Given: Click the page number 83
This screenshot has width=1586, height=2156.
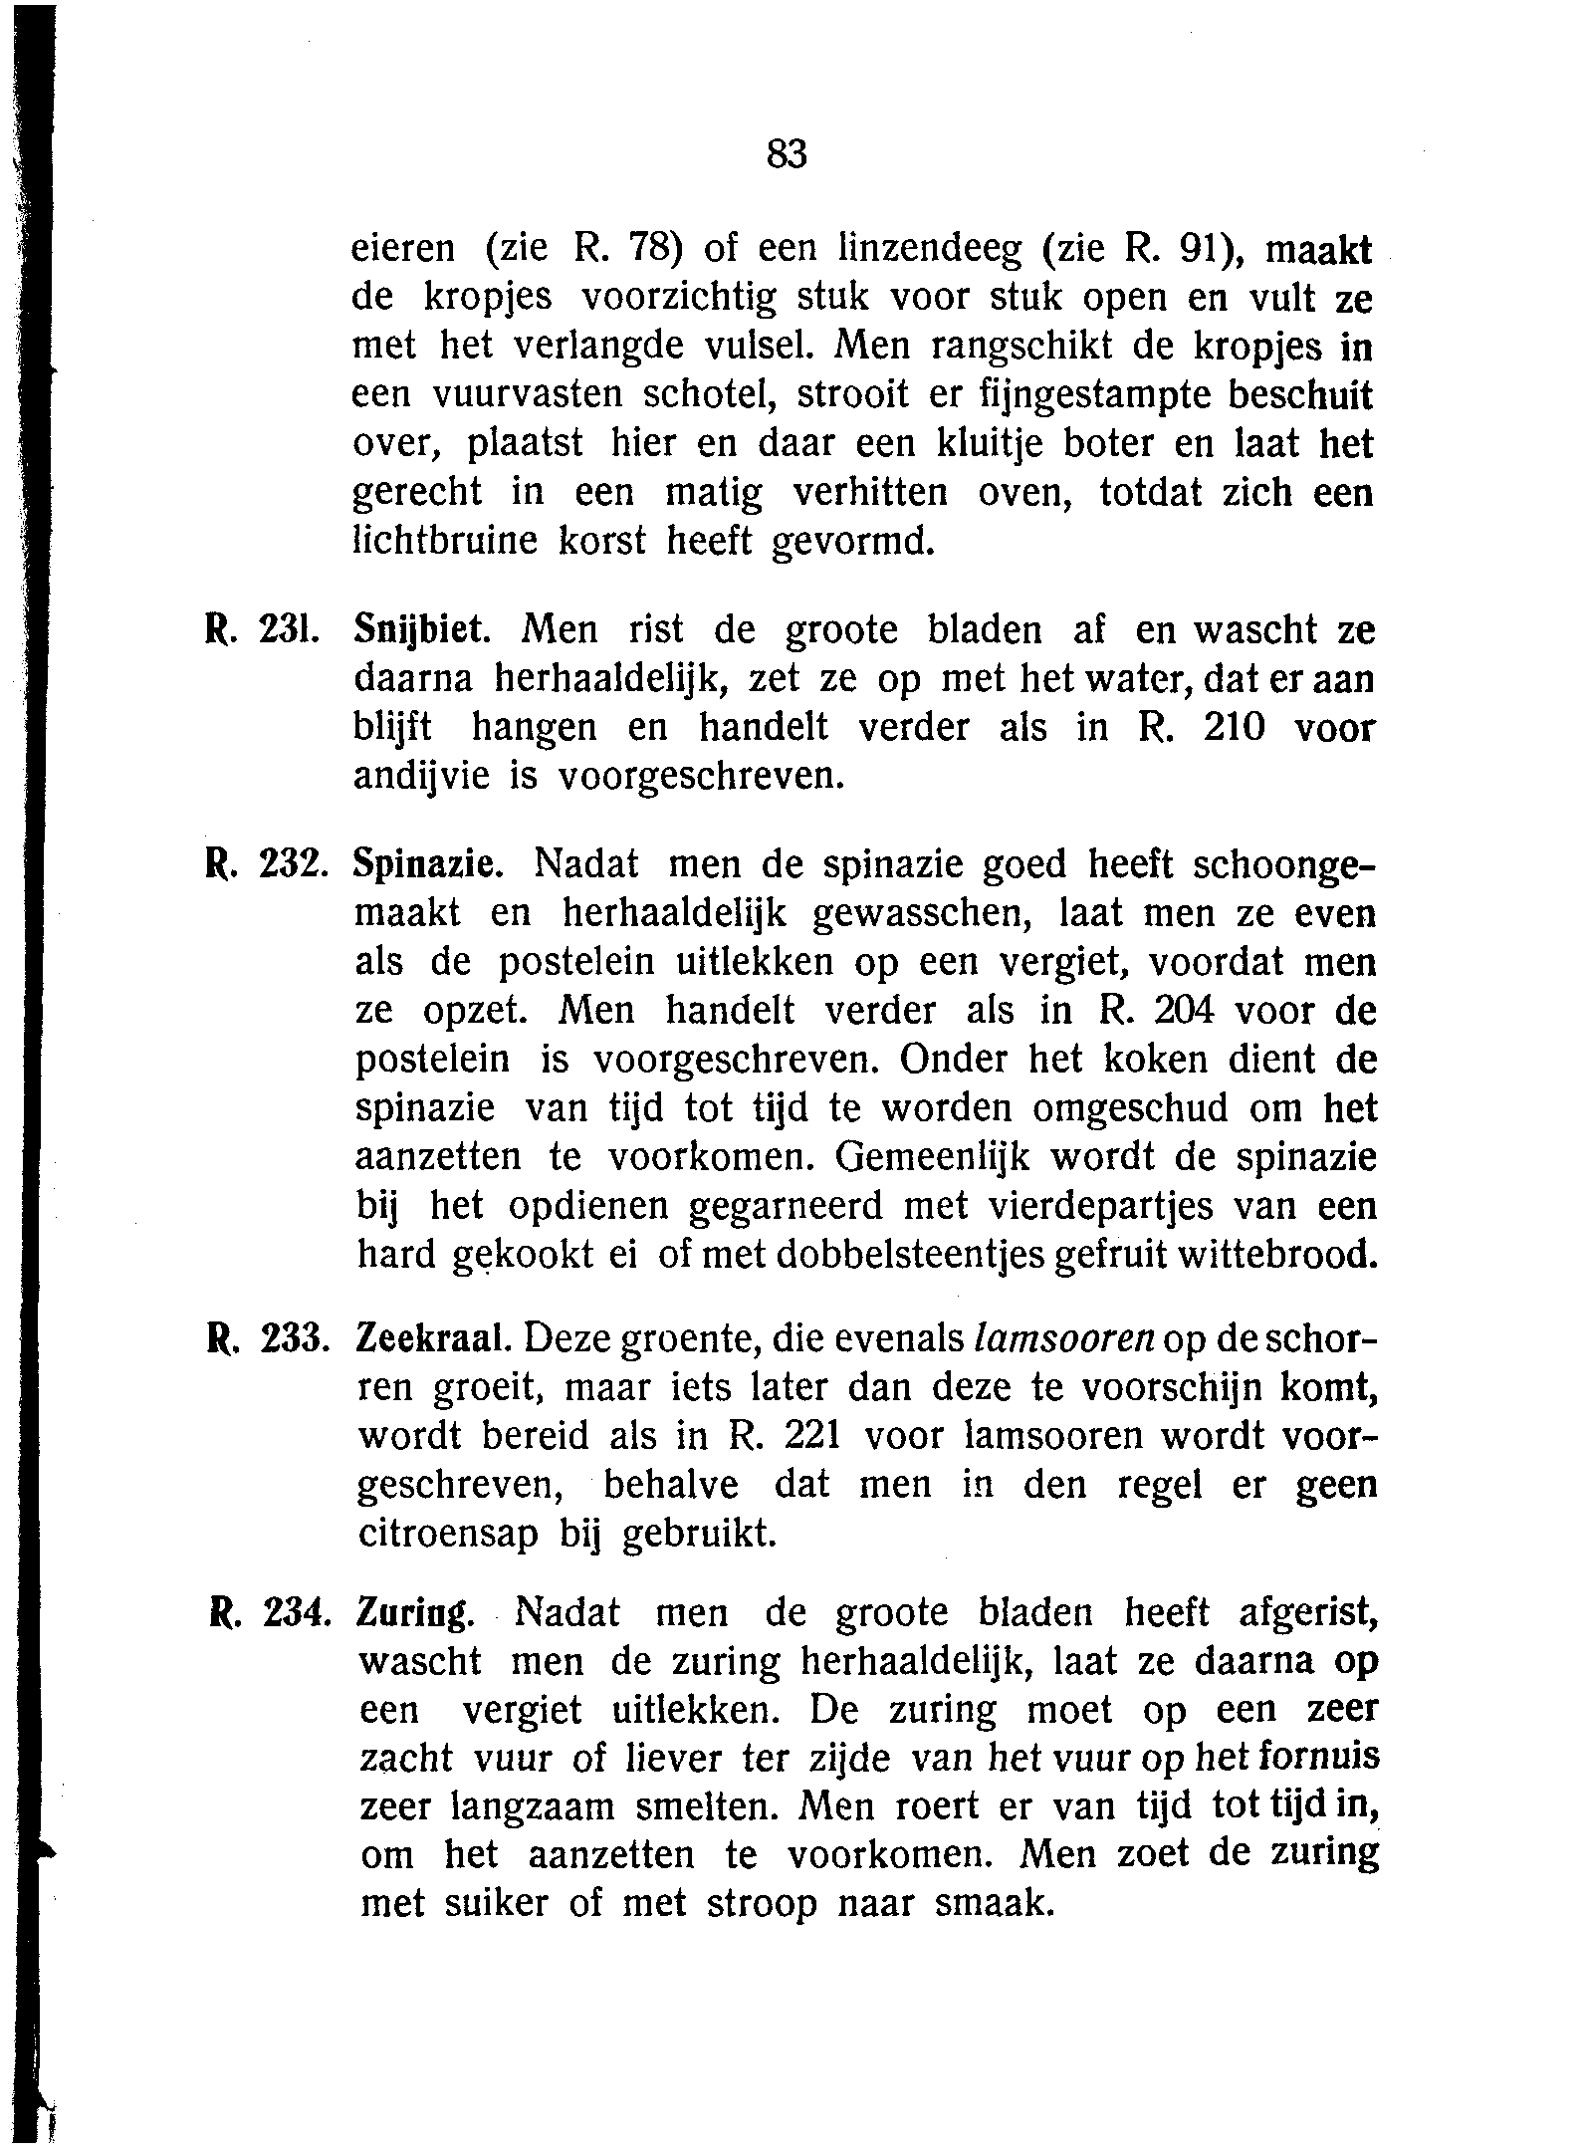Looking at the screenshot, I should [787, 154].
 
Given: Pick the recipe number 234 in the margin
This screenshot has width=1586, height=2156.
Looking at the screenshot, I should [294, 1614].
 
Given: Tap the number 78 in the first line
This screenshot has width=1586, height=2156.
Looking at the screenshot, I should [657, 249].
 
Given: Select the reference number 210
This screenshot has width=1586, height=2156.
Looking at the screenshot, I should [1234, 729].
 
